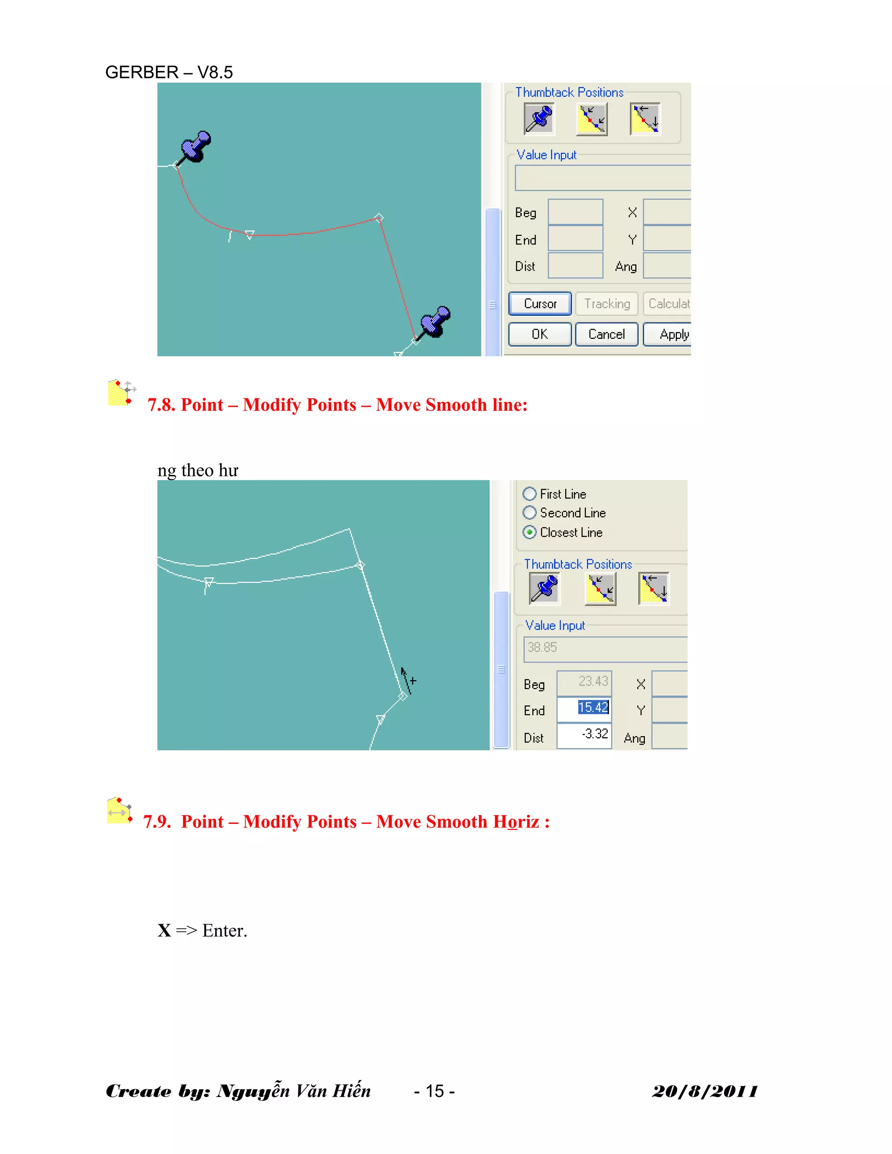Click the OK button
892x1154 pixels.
[x=540, y=334]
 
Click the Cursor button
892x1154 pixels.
[x=540, y=304]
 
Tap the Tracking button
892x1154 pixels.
[x=607, y=304]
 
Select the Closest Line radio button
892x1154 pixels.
[x=530, y=532]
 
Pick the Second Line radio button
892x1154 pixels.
[x=530, y=513]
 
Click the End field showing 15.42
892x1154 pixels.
[x=584, y=708]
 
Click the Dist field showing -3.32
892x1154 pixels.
[x=584, y=735]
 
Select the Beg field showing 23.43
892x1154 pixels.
[x=584, y=682]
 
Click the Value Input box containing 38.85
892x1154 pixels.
[x=605, y=648]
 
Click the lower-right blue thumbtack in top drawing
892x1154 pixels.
[x=434, y=321]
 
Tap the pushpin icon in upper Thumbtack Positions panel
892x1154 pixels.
[x=538, y=119]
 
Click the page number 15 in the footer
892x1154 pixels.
[x=434, y=1091]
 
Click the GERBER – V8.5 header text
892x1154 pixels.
[x=169, y=72]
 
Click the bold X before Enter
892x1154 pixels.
[x=164, y=931]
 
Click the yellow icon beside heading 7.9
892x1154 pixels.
[x=119, y=811]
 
